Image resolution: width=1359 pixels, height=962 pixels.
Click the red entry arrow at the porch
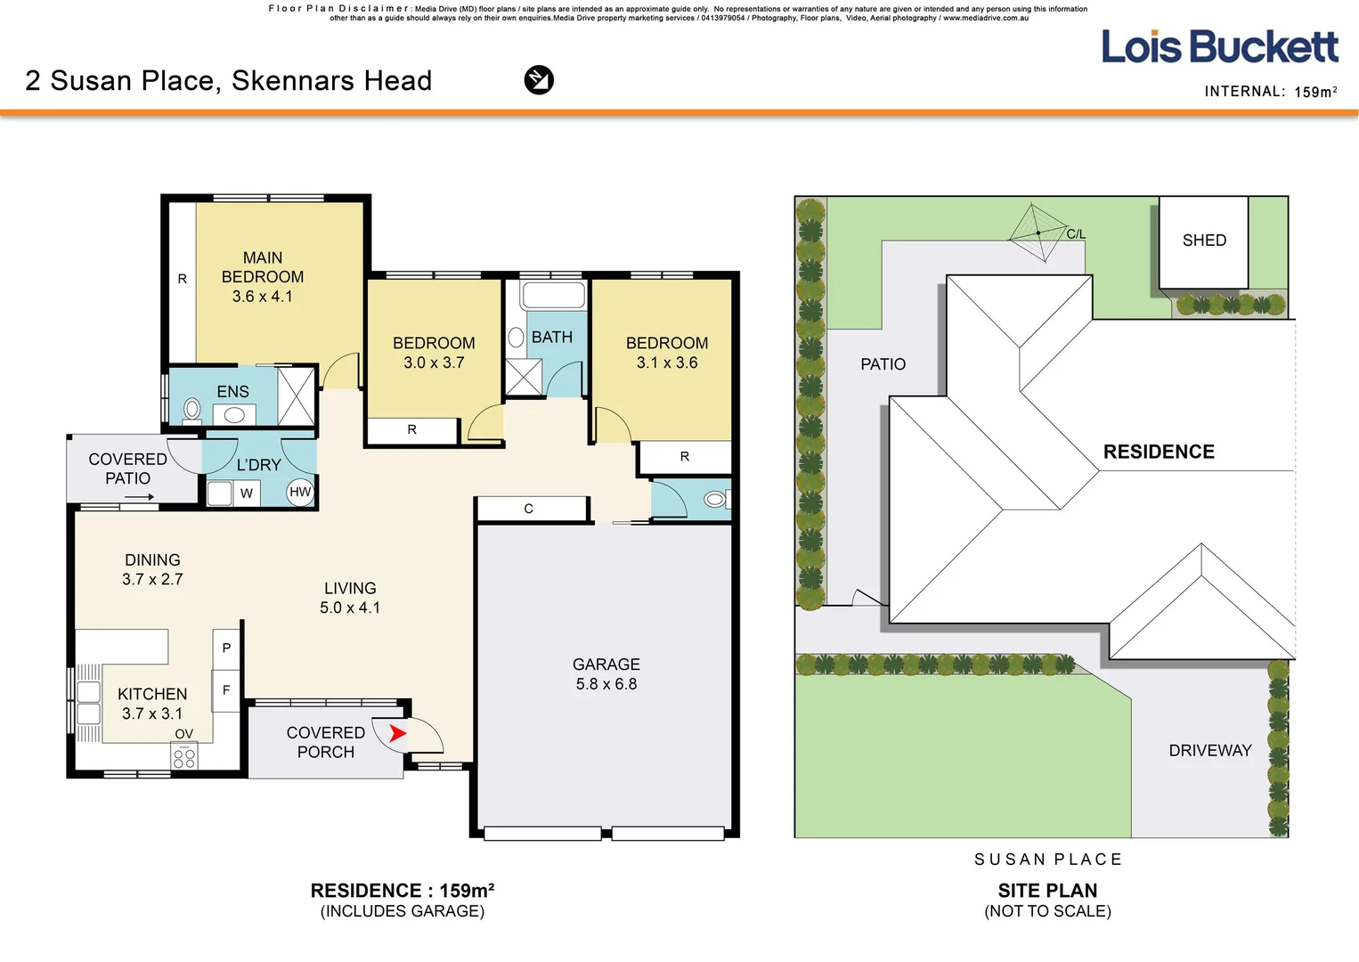coord(397,733)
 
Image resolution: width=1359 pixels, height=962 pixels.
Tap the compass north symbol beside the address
coord(539,80)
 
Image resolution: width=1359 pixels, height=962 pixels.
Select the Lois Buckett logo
coord(1219,46)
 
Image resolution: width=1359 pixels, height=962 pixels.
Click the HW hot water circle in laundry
coord(300,492)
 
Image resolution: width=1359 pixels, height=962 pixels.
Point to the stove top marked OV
coord(183,756)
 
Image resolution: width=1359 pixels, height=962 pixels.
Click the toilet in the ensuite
coord(191,410)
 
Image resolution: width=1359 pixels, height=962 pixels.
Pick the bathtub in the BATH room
coord(553,296)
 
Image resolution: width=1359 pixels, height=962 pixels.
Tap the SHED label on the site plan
coord(1204,240)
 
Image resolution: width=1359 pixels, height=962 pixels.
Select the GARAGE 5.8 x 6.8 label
coord(606,673)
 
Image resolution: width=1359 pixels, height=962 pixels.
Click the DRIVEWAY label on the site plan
coord(1209,751)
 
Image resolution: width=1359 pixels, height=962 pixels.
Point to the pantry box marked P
coord(226,648)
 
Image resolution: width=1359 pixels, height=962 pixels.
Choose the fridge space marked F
coord(225,690)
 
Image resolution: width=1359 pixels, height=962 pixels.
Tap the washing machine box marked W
coord(247,493)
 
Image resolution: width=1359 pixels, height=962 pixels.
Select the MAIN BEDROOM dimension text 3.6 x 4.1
coord(262,297)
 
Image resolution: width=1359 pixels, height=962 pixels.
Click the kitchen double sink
coord(88,702)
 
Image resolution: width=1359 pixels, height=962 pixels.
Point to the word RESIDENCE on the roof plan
coord(1159,452)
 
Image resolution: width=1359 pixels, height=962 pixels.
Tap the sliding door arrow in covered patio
coord(140,497)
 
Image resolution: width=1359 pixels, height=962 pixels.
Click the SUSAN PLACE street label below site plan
coord(1048,860)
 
